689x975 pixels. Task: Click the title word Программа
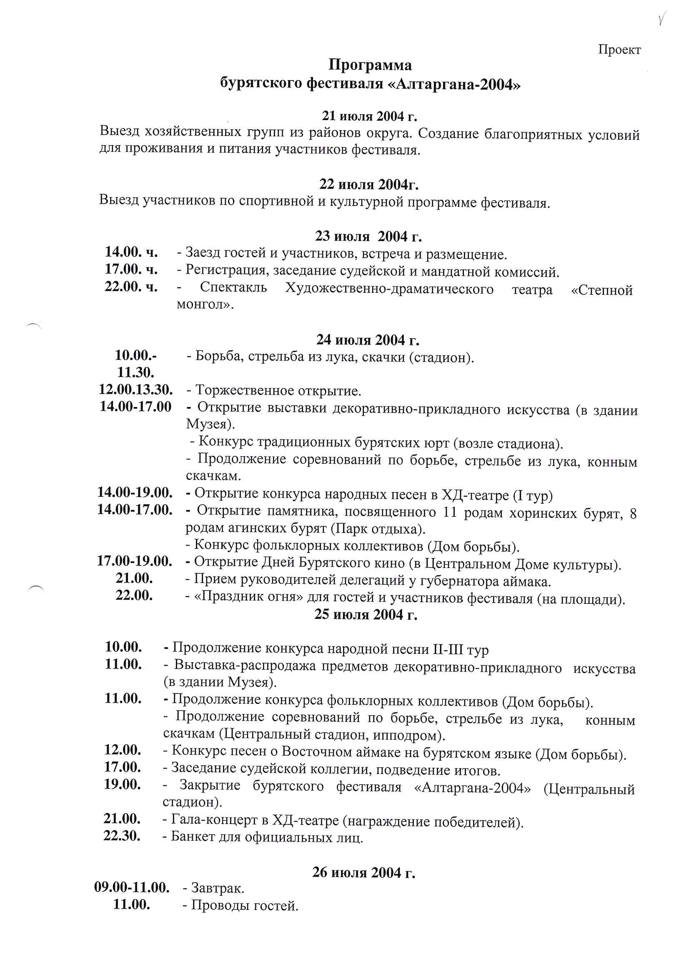[x=370, y=65]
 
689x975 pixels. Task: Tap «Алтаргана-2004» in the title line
[x=454, y=85]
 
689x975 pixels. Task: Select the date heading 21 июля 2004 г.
[x=369, y=116]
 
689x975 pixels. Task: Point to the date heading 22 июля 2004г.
[x=369, y=184]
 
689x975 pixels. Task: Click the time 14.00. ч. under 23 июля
[x=131, y=252]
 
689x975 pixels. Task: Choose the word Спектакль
[x=233, y=288]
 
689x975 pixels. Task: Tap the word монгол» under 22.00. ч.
[x=205, y=304]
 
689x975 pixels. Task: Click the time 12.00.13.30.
[x=135, y=389]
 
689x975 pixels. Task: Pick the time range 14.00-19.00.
[x=135, y=493]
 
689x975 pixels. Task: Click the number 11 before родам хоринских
[x=450, y=513]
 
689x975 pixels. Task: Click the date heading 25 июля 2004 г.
[x=366, y=614]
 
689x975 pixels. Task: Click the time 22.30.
[x=122, y=836]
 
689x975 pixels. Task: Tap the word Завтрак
[x=217, y=888]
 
